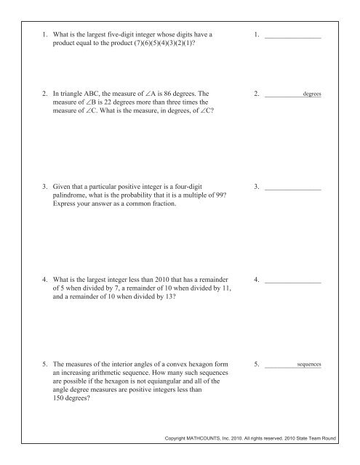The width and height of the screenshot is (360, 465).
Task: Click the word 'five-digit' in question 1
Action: pos(142,34)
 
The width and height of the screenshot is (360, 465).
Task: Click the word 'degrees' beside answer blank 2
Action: pos(313,94)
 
